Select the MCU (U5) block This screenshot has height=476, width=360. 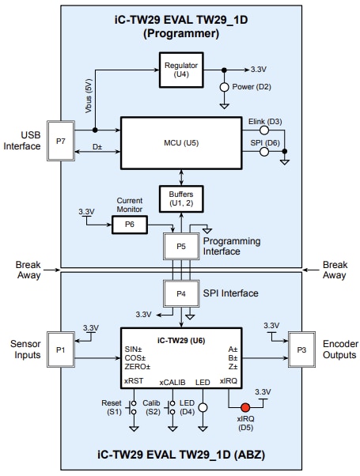181,142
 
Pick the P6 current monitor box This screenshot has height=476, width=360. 129,225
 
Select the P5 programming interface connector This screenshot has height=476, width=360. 181,245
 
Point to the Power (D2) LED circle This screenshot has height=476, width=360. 225,86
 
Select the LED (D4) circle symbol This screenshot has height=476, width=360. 202,408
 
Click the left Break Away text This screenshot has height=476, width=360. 28,270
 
